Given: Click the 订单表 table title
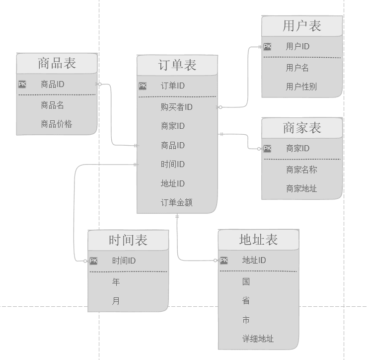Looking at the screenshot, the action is (x=177, y=65).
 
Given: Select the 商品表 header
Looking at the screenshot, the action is (x=57, y=63).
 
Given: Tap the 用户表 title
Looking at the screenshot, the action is (x=302, y=26).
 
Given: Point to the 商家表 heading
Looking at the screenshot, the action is (x=302, y=128).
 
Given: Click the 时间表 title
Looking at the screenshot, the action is (x=128, y=240).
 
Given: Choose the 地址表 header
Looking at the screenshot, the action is (x=258, y=240).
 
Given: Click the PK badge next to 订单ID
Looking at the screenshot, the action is (x=143, y=86).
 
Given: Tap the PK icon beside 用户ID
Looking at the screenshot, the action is (x=267, y=47).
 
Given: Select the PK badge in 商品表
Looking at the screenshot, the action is (x=22, y=84).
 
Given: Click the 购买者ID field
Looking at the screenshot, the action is (x=176, y=107).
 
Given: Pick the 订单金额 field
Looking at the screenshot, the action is (x=176, y=202).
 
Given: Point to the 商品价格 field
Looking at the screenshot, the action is (x=56, y=124).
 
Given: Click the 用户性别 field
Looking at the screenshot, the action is (x=301, y=87).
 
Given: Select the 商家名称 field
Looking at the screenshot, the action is (x=301, y=170).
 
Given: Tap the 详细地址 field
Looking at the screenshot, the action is (x=258, y=339).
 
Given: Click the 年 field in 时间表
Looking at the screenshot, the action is (x=116, y=282).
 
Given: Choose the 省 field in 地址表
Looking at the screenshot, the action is (x=246, y=300).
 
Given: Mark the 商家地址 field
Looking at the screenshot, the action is (x=301, y=188).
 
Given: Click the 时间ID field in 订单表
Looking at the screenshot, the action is (x=173, y=164).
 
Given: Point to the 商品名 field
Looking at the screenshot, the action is (x=52, y=105).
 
